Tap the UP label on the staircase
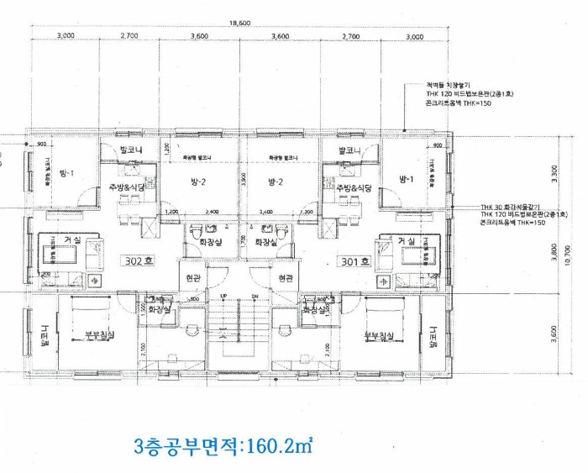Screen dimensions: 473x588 (224, 296)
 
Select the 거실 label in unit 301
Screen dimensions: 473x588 (407, 241)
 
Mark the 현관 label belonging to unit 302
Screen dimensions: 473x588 (192, 276)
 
